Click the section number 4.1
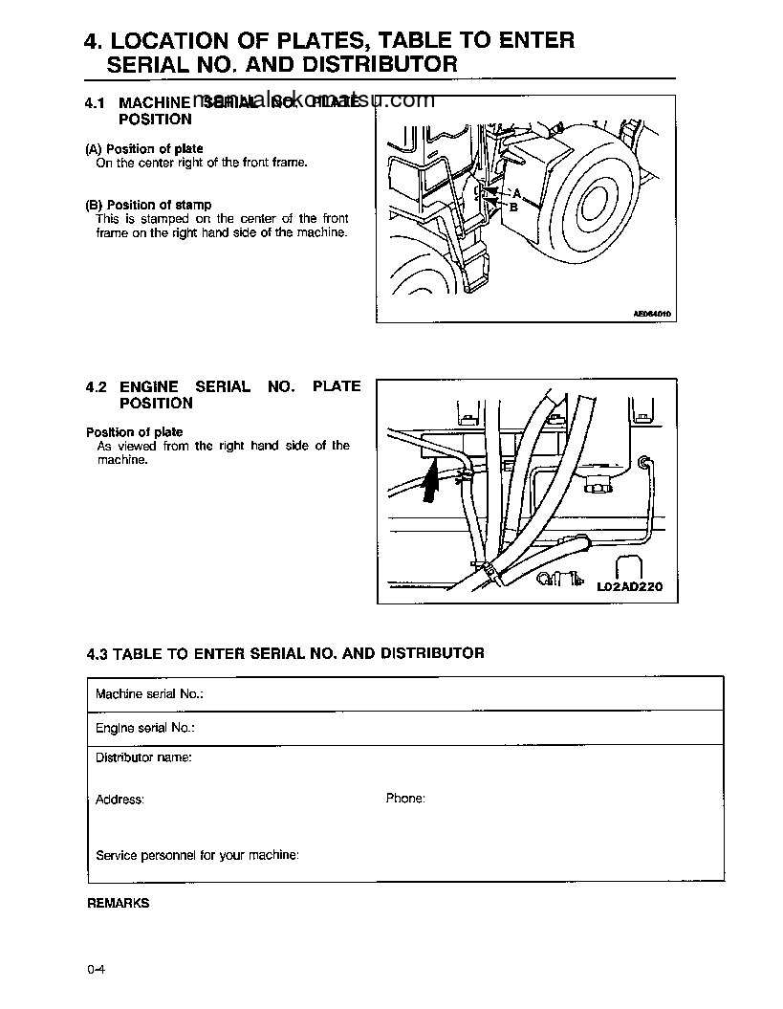tap(95, 102)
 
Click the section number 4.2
tap(95, 387)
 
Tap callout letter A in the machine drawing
tap(517, 192)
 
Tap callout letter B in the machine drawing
tap(513, 207)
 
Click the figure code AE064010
tap(652, 313)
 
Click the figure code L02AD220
tap(629, 587)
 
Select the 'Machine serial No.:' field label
tap(149, 693)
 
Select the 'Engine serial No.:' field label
tap(145, 728)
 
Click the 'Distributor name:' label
tap(143, 757)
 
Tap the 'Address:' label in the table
tap(120, 799)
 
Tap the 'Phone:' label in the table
tap(405, 798)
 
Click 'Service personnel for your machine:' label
tap(197, 855)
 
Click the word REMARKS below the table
tap(119, 903)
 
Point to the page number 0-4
tap(96, 971)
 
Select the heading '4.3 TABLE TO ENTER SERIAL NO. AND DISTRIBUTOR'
tap(285, 653)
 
